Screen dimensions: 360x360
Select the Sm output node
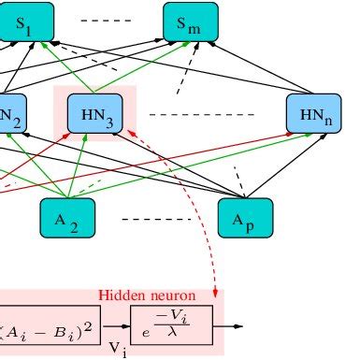[190, 22]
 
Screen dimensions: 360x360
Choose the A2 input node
[66, 218]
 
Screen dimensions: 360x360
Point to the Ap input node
[246, 218]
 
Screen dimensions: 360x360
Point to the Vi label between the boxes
[117, 348]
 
